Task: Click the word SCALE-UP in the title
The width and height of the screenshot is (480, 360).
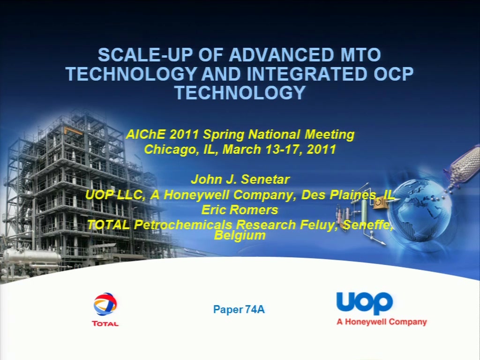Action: click(x=145, y=55)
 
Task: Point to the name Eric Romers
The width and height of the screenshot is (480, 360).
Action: click(x=240, y=210)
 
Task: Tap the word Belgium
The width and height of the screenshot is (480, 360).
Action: click(x=240, y=236)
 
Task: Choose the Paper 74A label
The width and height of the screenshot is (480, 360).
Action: click(x=239, y=309)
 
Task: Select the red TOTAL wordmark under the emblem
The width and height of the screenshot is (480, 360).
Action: click(x=105, y=323)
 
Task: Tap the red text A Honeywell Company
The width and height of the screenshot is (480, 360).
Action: click(x=382, y=322)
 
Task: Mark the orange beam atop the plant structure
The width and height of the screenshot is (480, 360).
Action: click(x=74, y=131)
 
